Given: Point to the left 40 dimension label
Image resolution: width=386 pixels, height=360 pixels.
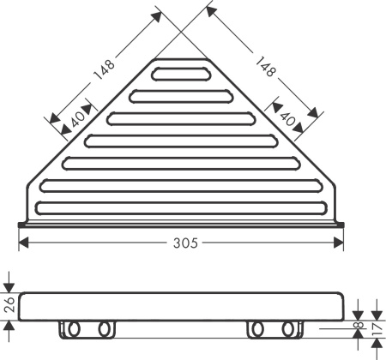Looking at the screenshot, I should [75, 120].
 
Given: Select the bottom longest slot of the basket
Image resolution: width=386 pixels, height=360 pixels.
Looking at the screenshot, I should [181, 207].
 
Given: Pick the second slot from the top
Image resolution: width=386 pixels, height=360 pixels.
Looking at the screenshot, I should [181, 95].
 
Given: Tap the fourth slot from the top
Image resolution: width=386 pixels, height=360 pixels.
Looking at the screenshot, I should [181, 140].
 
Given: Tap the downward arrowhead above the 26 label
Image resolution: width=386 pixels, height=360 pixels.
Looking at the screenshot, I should [9, 286].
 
